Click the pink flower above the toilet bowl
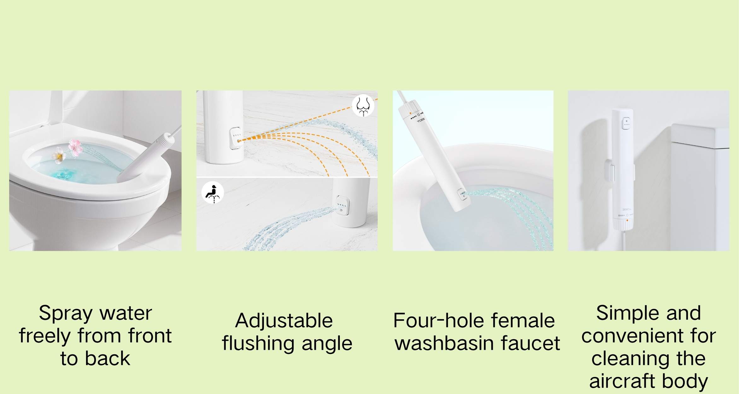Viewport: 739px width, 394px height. pos(76,147)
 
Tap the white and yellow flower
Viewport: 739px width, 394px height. pos(59,155)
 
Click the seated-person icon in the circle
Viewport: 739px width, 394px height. pos(213,192)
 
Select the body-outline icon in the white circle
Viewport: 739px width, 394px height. pos(363,106)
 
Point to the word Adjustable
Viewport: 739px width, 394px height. pos(284,321)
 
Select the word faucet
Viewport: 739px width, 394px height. pos(531,343)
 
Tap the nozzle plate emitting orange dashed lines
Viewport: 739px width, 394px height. pos(236,138)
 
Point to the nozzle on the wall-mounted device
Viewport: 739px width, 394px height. pos(626,123)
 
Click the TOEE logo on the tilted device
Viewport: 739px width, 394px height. pos(421,120)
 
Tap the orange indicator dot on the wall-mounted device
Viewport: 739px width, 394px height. pos(627,220)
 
